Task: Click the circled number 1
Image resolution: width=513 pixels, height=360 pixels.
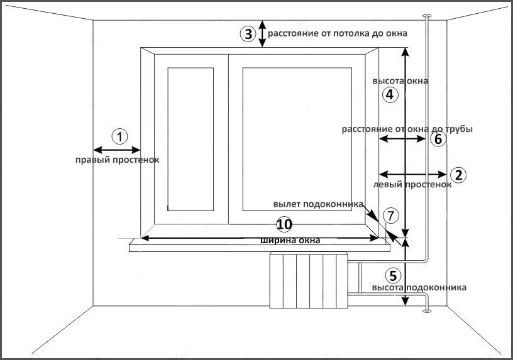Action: point(119,135)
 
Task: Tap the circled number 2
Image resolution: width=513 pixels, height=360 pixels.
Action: point(459,175)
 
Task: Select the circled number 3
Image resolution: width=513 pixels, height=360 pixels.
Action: point(248,34)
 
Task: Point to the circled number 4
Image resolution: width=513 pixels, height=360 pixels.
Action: point(390,95)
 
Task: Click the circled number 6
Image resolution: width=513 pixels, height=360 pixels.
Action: point(438,139)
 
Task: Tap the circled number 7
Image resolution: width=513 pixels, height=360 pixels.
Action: point(390,215)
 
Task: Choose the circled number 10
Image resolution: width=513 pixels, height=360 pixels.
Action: point(285,224)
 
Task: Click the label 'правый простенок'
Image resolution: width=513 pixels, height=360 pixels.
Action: point(117,160)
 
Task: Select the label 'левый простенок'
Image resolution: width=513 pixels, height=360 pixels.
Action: point(412,185)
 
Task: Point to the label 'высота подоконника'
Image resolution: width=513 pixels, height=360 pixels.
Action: point(419,287)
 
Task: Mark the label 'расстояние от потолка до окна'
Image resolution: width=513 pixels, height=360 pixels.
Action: point(338,33)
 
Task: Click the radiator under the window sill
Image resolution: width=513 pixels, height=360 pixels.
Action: point(309,278)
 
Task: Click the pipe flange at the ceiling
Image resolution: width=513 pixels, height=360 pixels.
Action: point(427,15)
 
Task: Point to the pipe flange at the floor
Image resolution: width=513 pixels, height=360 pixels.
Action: point(427,309)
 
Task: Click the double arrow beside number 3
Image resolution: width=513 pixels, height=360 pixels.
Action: point(262,35)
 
